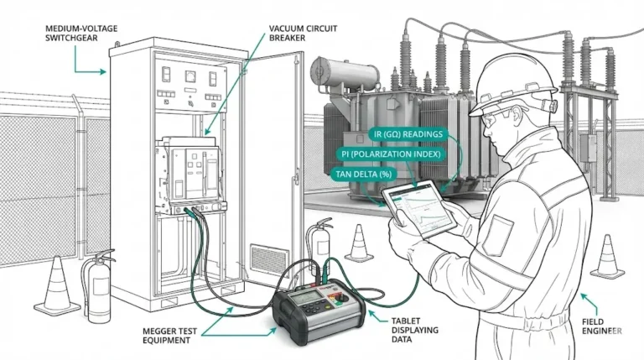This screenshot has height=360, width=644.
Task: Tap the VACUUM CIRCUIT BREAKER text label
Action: [x=303, y=33]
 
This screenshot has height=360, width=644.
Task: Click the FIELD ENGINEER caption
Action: [x=601, y=326]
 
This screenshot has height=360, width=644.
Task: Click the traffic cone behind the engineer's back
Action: [x=605, y=256]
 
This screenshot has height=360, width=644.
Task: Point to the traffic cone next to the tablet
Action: [x=359, y=243]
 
